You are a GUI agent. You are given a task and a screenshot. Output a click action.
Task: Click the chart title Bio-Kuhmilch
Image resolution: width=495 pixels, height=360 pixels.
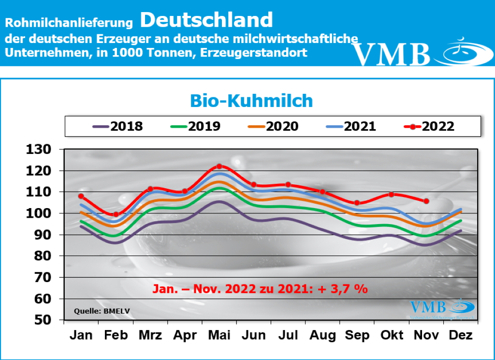coord(251,100)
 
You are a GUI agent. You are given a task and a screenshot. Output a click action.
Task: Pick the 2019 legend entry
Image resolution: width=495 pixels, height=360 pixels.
coord(195,126)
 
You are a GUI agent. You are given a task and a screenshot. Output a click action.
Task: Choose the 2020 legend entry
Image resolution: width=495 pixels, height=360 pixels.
coord(273,126)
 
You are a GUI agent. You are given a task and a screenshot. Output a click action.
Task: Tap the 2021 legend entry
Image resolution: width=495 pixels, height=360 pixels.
coord(351,126)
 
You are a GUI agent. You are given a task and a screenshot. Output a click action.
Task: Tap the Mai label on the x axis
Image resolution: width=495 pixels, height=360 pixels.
coord(219,335)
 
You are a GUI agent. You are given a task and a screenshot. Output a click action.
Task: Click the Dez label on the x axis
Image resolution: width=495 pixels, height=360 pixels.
coord(460,335)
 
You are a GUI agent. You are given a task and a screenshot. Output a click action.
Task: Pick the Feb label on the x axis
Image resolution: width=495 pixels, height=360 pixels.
coord(116,335)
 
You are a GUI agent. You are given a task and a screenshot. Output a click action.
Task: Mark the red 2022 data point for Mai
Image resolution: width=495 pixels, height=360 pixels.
coord(219,166)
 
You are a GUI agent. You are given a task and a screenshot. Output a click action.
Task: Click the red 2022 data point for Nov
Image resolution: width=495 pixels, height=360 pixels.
coord(426,201)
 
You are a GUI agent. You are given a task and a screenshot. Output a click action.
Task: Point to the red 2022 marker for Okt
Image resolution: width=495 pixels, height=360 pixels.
coord(392,195)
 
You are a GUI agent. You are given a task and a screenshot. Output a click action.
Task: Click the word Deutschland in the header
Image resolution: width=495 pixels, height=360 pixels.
coord(207,20)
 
